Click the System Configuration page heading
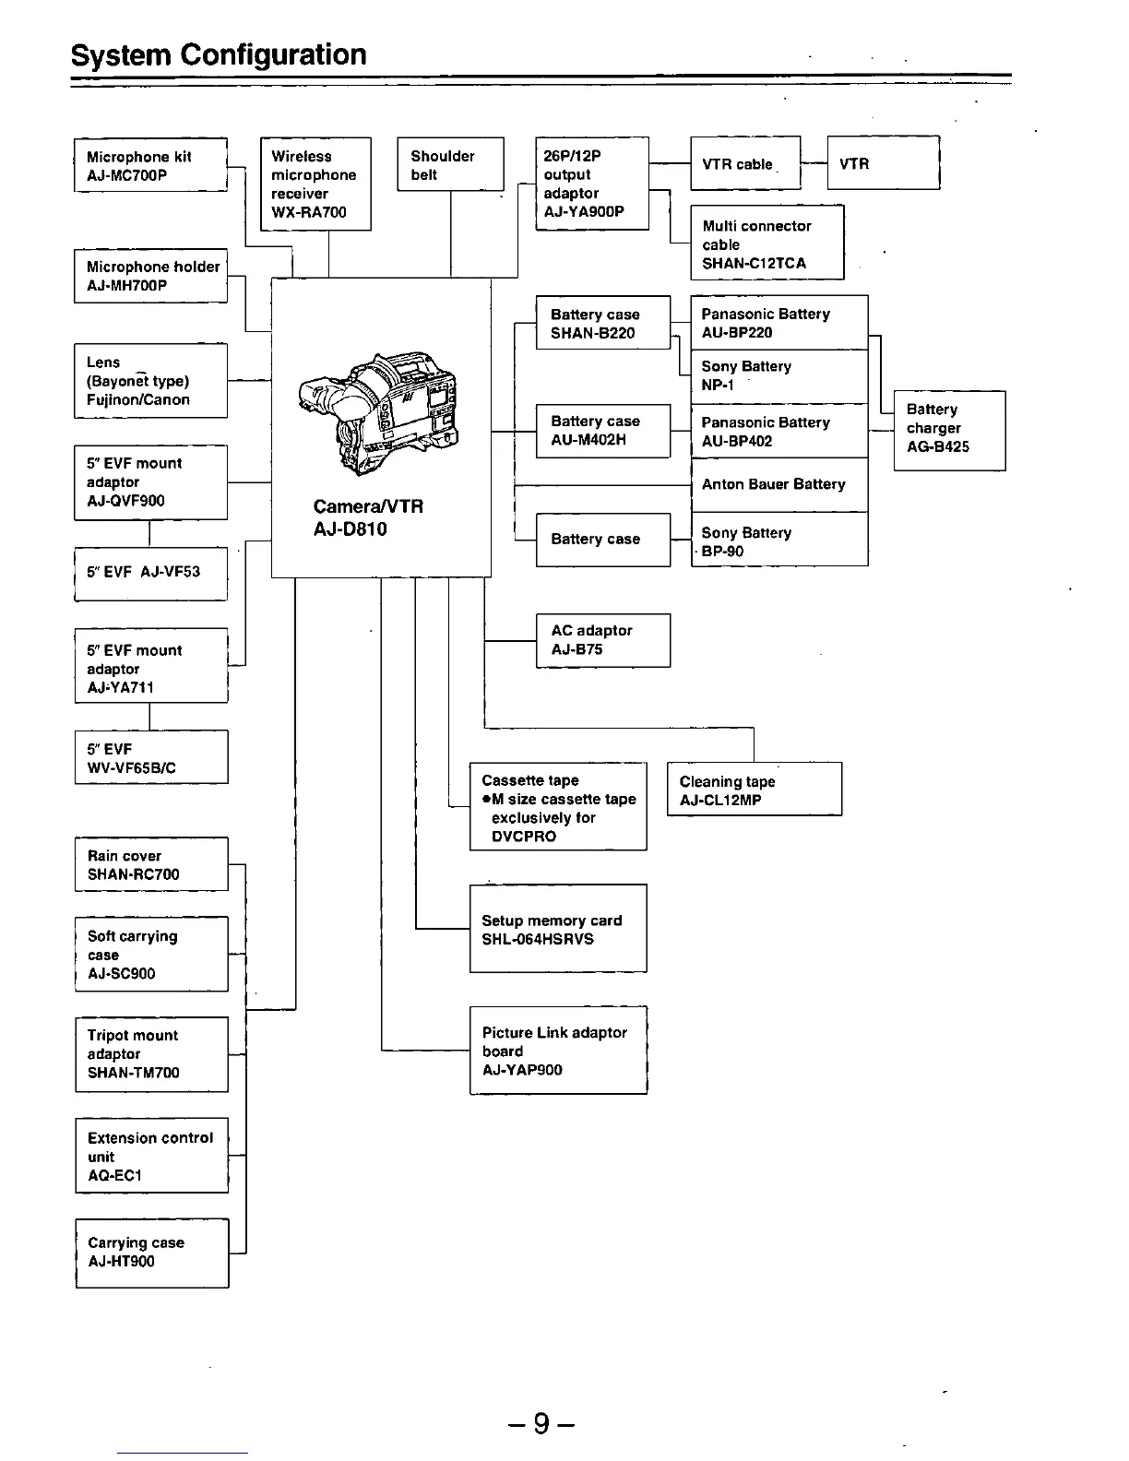[x=219, y=55]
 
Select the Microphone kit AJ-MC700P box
[x=150, y=165]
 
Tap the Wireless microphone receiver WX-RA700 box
[x=315, y=184]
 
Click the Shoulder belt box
[x=450, y=164]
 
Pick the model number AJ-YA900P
[x=584, y=211]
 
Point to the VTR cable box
[x=745, y=163]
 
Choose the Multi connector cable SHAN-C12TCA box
[x=767, y=243]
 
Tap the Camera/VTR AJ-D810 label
[x=368, y=517]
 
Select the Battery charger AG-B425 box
[x=949, y=429]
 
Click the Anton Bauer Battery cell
[x=779, y=484]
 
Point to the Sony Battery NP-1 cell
[x=779, y=375]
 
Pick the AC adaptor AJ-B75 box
[x=602, y=640]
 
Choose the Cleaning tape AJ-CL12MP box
[x=754, y=790]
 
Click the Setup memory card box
[x=558, y=929]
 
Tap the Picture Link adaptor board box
[x=558, y=1051]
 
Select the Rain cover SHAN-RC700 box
[x=151, y=864]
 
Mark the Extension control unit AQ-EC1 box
[x=151, y=1156]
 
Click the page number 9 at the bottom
[x=541, y=1424]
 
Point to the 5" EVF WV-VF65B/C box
[x=151, y=757]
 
